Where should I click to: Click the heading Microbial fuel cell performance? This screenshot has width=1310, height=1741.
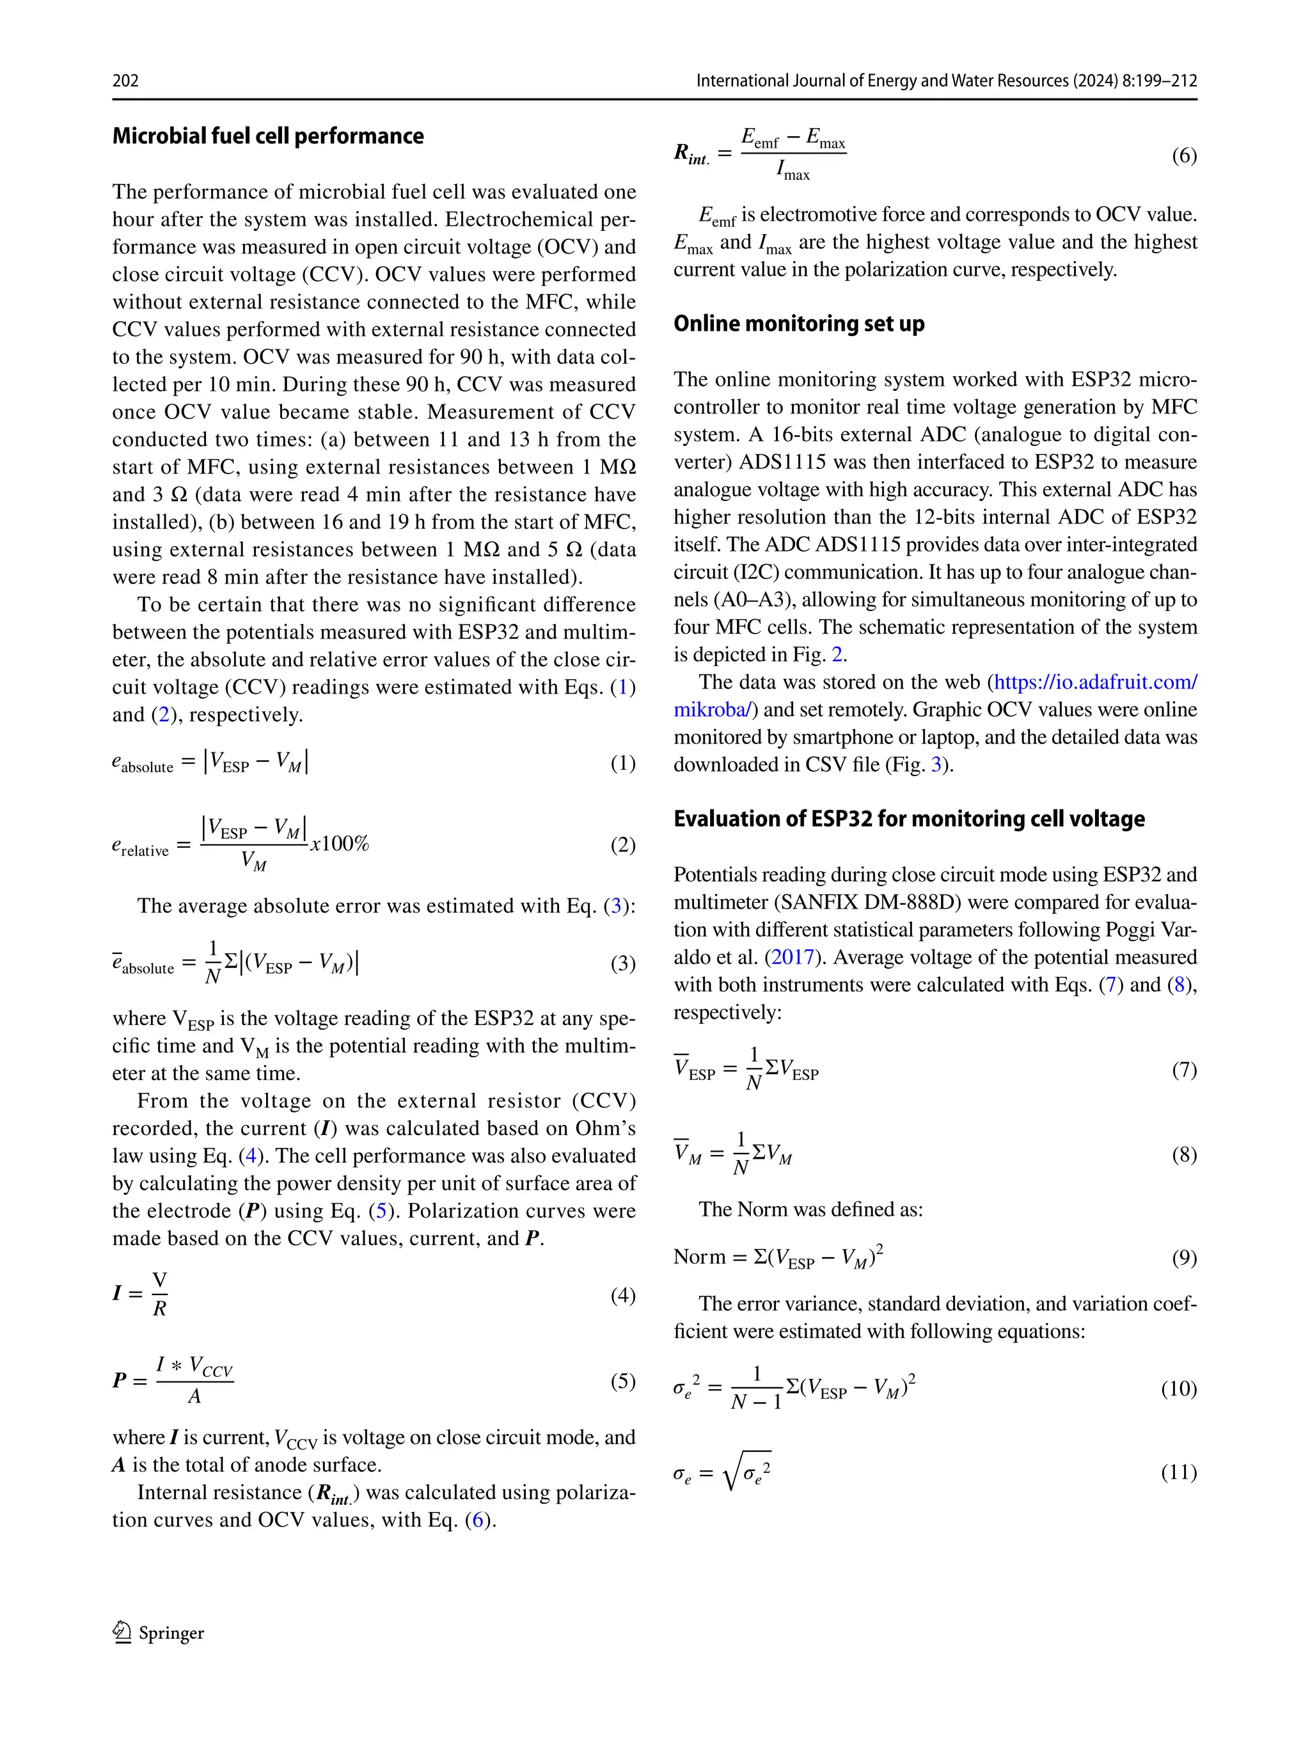click(267, 136)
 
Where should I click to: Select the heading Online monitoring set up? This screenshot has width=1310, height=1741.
click(798, 324)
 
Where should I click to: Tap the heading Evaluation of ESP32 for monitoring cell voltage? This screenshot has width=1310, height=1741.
click(909, 818)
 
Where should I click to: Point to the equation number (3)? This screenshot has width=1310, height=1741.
click(623, 964)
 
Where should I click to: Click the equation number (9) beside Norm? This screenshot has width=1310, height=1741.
click(1184, 1258)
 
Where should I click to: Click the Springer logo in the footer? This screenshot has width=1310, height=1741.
click(122, 1632)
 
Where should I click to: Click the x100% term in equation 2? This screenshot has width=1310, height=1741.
click(340, 844)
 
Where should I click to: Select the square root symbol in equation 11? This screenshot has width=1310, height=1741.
click(732, 1472)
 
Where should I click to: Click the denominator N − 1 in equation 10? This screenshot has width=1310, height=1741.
click(756, 1402)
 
